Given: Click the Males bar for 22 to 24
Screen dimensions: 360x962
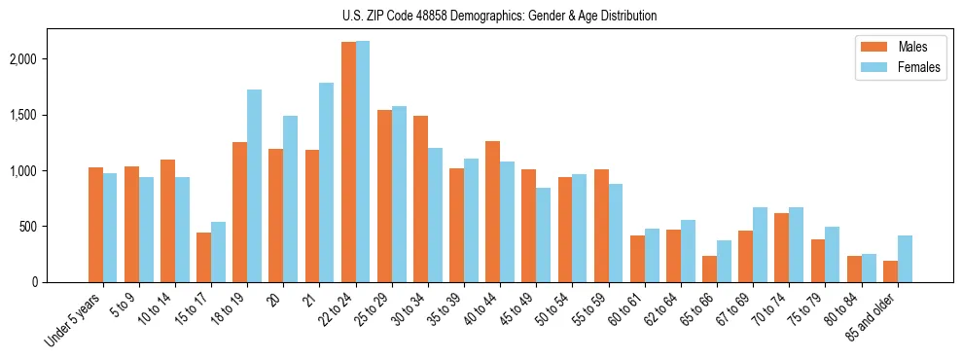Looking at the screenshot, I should (348, 162).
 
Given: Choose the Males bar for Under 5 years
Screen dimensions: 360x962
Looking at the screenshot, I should (95, 225).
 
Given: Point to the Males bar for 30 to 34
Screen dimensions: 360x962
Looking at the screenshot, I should (420, 199).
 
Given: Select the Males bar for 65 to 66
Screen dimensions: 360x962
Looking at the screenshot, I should (709, 270).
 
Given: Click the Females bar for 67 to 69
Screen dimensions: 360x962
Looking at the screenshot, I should (760, 245).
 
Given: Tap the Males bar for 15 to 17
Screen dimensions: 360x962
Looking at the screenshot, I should (203, 258).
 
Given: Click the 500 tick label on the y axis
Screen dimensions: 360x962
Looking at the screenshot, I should (54, 227).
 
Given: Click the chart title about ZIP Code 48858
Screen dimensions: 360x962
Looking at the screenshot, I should (499, 16).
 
